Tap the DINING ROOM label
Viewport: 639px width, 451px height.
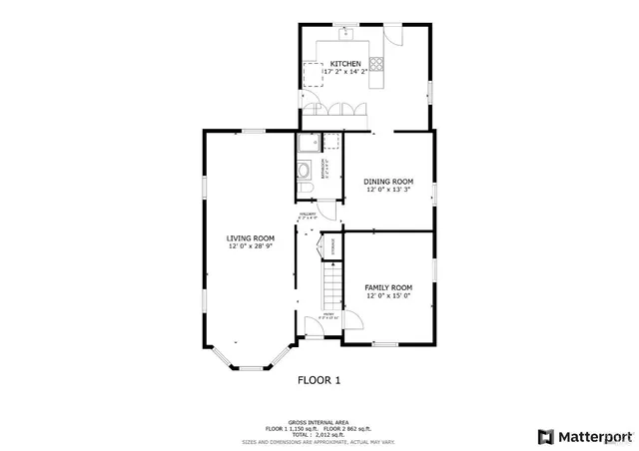(387, 181)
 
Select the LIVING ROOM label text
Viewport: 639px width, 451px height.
(251, 237)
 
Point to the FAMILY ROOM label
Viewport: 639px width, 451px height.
(387, 287)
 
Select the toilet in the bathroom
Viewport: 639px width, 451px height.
(308, 187)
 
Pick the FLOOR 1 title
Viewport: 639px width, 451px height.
(319, 380)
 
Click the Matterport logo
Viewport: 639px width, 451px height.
(585, 436)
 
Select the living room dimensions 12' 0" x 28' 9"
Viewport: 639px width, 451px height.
(251, 245)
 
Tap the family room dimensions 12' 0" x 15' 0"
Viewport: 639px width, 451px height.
(387, 295)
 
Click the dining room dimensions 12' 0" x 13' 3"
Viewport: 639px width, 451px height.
(387, 189)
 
